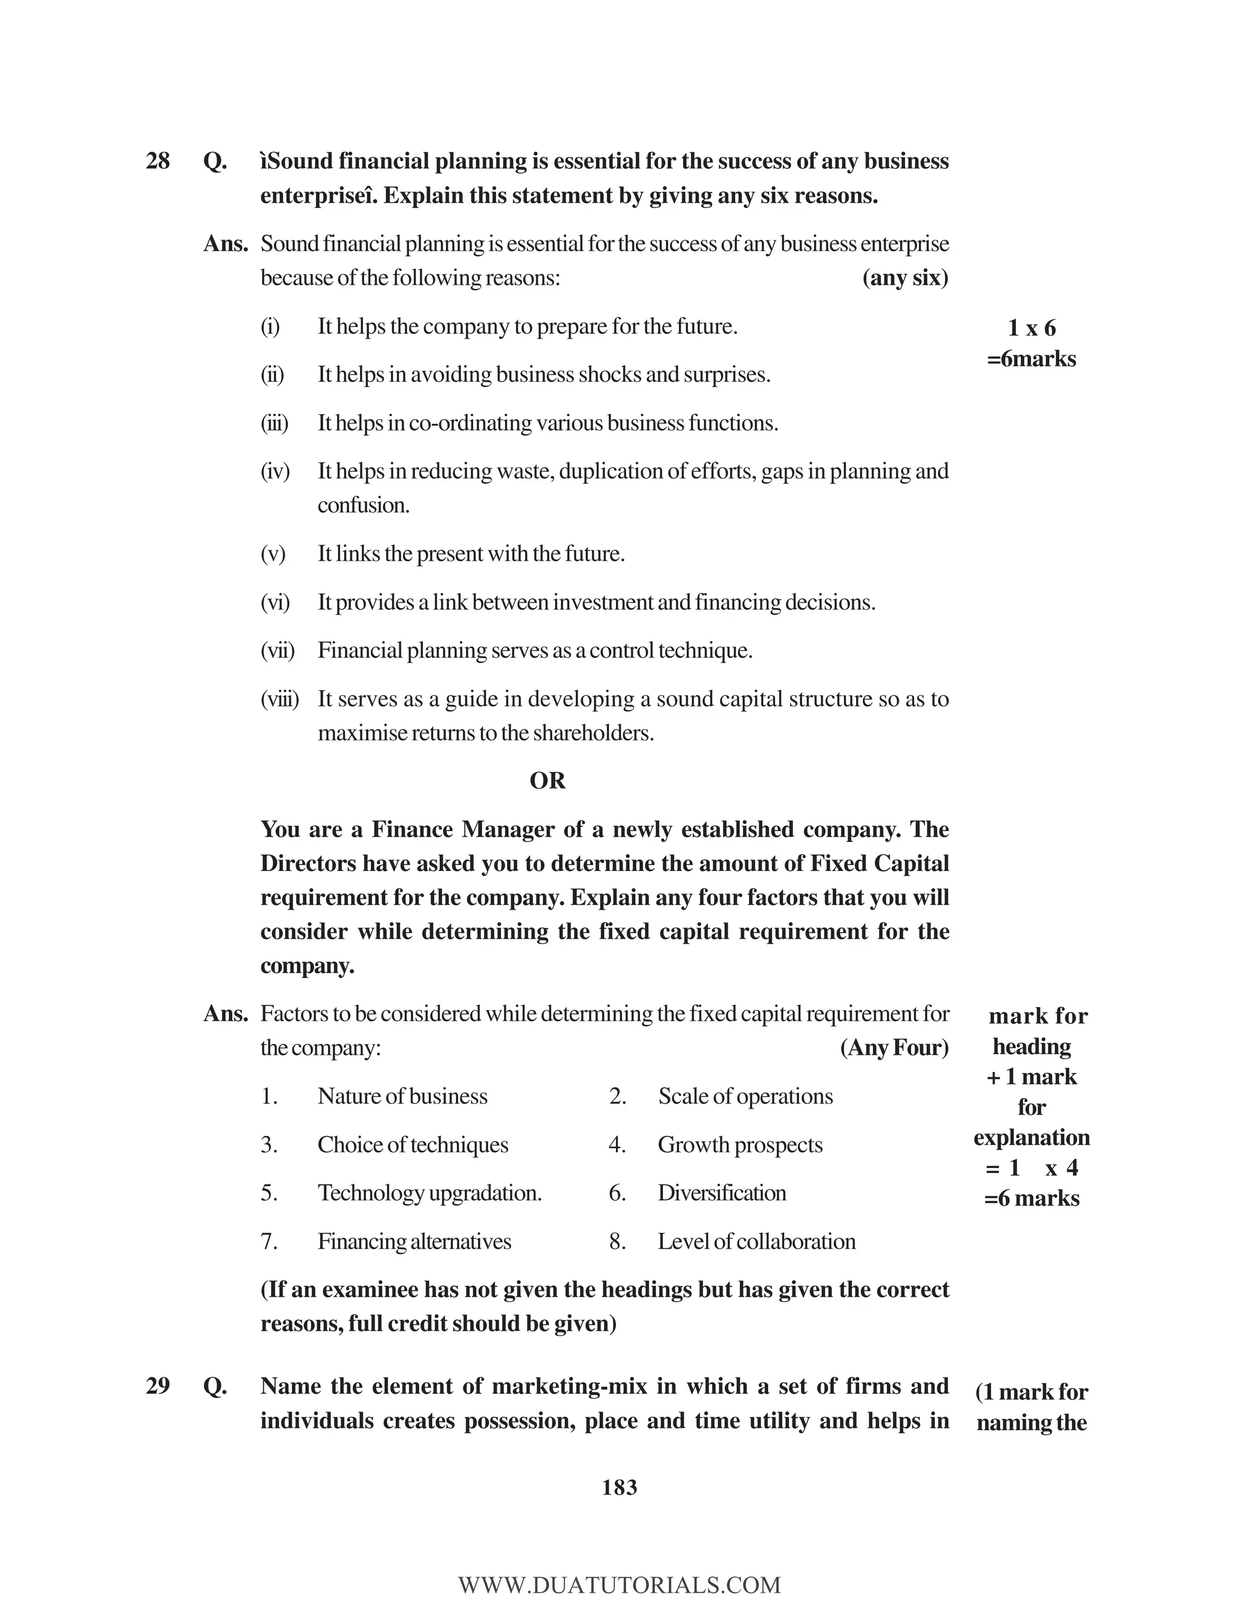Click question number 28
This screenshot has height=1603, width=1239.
click(158, 161)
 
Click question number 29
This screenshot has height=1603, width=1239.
click(158, 1386)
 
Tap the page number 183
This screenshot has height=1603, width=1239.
click(619, 1488)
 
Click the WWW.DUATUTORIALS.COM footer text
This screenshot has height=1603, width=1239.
click(619, 1585)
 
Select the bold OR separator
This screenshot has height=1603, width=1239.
click(548, 780)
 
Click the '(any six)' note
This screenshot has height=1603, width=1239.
click(905, 278)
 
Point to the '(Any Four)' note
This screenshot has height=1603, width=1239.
click(894, 1047)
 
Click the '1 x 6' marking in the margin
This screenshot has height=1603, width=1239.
click(1031, 327)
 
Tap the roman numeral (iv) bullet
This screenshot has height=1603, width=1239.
click(275, 471)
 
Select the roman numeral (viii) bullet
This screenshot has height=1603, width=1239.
click(280, 699)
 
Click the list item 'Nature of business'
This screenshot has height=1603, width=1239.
click(402, 1096)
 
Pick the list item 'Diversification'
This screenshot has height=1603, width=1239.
click(722, 1193)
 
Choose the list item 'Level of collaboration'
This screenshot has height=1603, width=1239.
click(756, 1241)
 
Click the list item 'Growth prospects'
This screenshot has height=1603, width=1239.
click(740, 1144)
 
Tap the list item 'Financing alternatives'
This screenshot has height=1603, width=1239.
click(414, 1241)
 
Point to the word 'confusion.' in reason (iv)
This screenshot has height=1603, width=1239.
click(364, 505)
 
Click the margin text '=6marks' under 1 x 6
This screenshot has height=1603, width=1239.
click(1031, 359)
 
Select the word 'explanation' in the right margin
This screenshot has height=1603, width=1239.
click(1031, 1137)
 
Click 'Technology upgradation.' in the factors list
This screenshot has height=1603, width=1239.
click(430, 1193)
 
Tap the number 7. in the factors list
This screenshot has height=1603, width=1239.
click(269, 1241)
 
